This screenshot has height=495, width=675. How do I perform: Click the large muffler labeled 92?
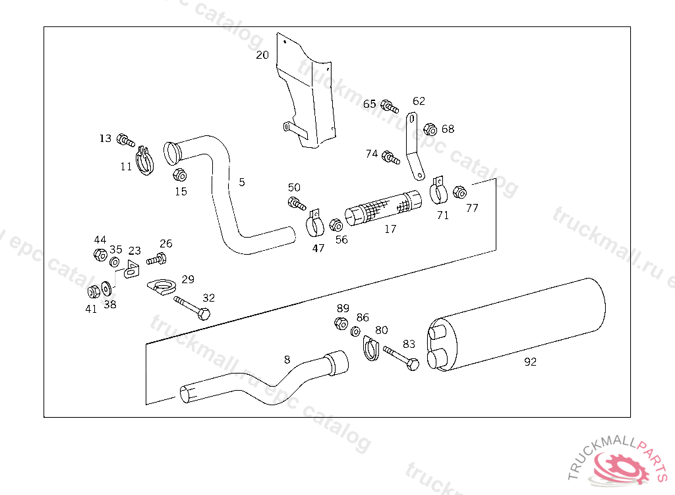tap(521, 323)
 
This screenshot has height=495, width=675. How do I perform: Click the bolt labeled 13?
tap(125, 140)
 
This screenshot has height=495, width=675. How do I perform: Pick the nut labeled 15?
tap(179, 176)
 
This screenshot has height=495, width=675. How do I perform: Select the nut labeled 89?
tap(341, 323)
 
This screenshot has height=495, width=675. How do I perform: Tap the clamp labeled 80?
tap(371, 348)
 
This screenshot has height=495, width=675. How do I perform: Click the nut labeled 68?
tap(430, 129)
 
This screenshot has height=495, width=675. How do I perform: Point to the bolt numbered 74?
tap(391, 158)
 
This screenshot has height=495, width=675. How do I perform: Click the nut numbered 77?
tap(461, 192)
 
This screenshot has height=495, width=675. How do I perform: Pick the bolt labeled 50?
tap(296, 203)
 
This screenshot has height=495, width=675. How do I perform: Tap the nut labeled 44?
tap(100, 254)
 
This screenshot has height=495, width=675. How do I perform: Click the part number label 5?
tap(242, 182)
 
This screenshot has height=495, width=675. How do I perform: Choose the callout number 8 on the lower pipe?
tap(287, 360)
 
